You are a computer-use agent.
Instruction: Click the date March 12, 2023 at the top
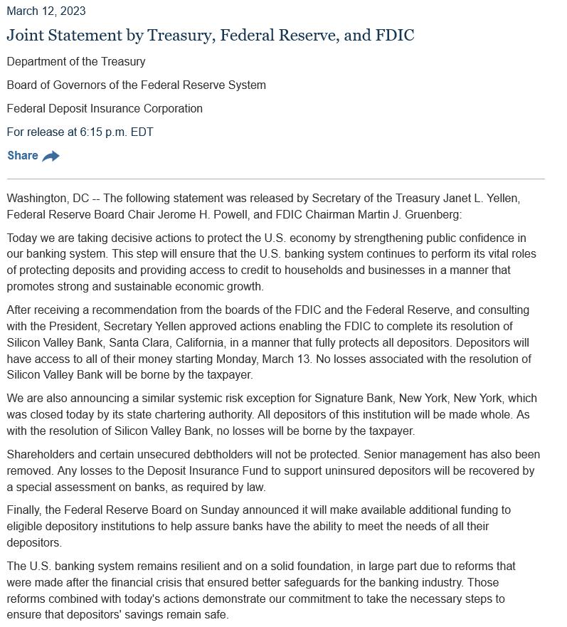pos(46,11)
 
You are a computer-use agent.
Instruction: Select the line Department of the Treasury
pos(76,62)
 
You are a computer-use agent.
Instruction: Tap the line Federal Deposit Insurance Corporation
pos(105,109)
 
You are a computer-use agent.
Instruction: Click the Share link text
pos(23,156)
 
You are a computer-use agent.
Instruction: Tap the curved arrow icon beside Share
pos(51,157)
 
